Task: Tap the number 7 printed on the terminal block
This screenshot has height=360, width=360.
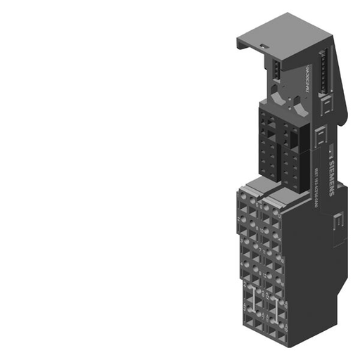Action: coord(259,247)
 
